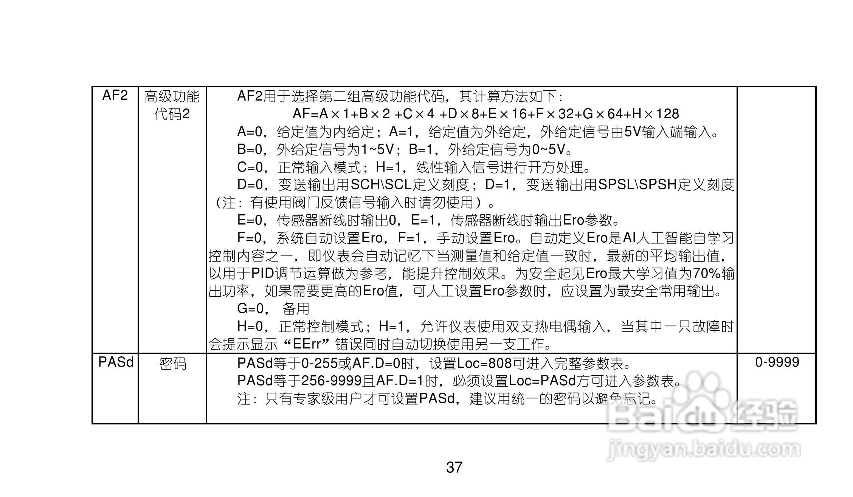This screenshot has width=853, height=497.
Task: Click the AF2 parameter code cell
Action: coord(115,96)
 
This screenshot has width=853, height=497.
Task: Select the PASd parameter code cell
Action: coord(116,362)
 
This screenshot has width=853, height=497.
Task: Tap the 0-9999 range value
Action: coord(777,362)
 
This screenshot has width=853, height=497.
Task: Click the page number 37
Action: coord(454,468)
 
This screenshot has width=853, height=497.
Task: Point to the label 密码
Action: coord(173,364)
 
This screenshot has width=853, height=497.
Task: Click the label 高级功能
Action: coord(172,97)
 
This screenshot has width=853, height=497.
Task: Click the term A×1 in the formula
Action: coord(332,114)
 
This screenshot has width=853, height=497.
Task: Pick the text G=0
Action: coord(250,309)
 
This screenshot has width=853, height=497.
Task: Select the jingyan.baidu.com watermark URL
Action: coord(703,450)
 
